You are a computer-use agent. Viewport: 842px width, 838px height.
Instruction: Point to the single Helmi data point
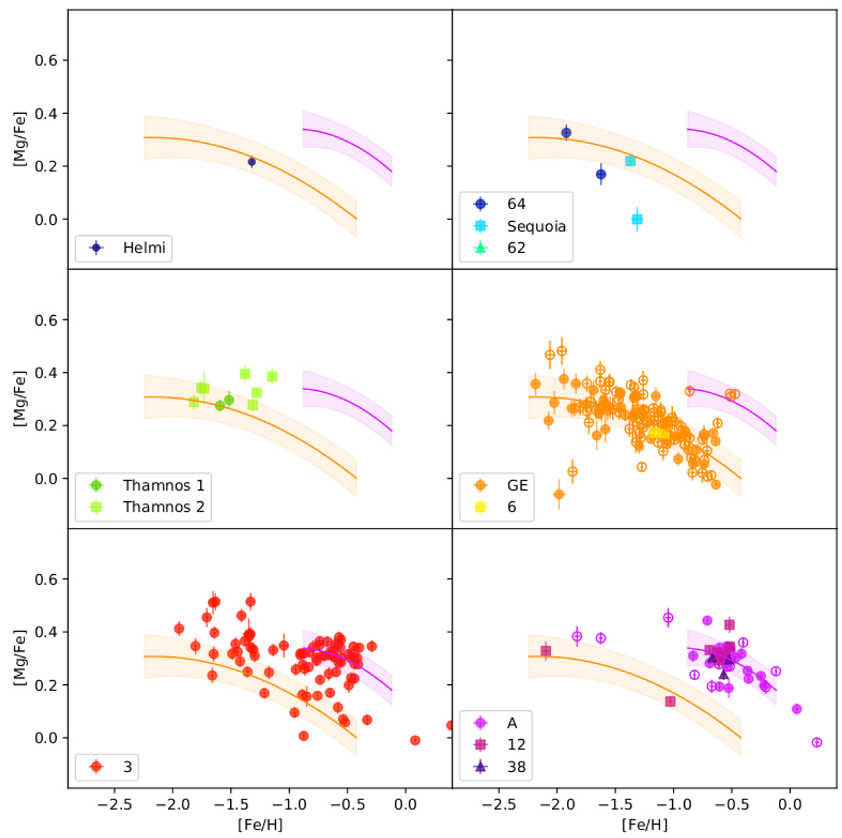coord(252,162)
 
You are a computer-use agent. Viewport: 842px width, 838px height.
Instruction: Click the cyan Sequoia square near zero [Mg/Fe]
coord(637,219)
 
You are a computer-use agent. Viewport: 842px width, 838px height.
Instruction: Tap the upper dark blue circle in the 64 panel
coord(566,133)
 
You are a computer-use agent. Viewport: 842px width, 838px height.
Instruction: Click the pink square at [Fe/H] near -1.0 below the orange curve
coord(670,701)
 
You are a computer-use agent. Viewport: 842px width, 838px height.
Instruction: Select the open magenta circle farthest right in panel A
coord(817,743)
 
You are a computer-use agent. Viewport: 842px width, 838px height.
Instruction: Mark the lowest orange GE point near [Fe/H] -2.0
coord(559,494)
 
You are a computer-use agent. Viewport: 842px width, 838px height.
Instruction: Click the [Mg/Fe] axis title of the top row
coord(20,140)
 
